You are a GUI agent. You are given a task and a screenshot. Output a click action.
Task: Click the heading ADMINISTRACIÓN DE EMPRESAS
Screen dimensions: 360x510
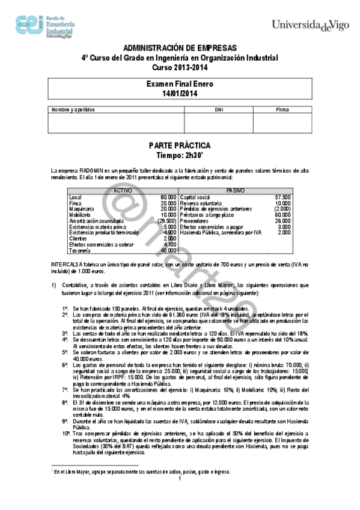coord(180,48)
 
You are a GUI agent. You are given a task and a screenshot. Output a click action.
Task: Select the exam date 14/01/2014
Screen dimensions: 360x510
coord(180,94)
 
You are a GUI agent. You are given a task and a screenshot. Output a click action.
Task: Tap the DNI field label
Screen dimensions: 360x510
coord(202,109)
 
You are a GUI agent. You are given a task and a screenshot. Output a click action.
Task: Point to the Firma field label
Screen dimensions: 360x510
coord(282,109)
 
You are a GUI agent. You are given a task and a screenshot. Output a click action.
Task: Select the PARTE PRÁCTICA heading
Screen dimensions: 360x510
coord(180,146)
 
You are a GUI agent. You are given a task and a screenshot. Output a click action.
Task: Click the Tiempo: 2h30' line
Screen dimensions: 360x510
coord(180,155)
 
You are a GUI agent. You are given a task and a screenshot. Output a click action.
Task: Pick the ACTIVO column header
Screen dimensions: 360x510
coord(123,190)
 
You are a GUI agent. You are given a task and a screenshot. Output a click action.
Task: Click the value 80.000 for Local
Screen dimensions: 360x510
coord(168,197)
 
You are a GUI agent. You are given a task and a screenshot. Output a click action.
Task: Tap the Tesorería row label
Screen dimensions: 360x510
coord(80,250)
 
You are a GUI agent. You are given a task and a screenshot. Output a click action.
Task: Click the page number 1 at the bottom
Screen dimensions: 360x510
coord(180,496)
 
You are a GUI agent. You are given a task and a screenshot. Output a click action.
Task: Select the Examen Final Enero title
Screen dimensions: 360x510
coord(180,85)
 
